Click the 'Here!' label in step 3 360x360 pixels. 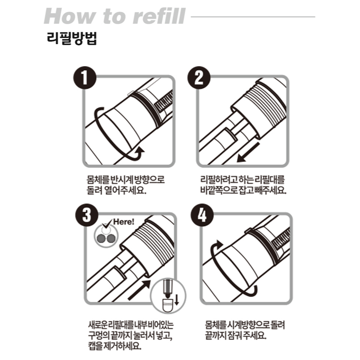[x=124, y=222]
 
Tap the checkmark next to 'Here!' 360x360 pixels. [x=107, y=225]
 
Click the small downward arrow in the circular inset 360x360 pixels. [x=176, y=299]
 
